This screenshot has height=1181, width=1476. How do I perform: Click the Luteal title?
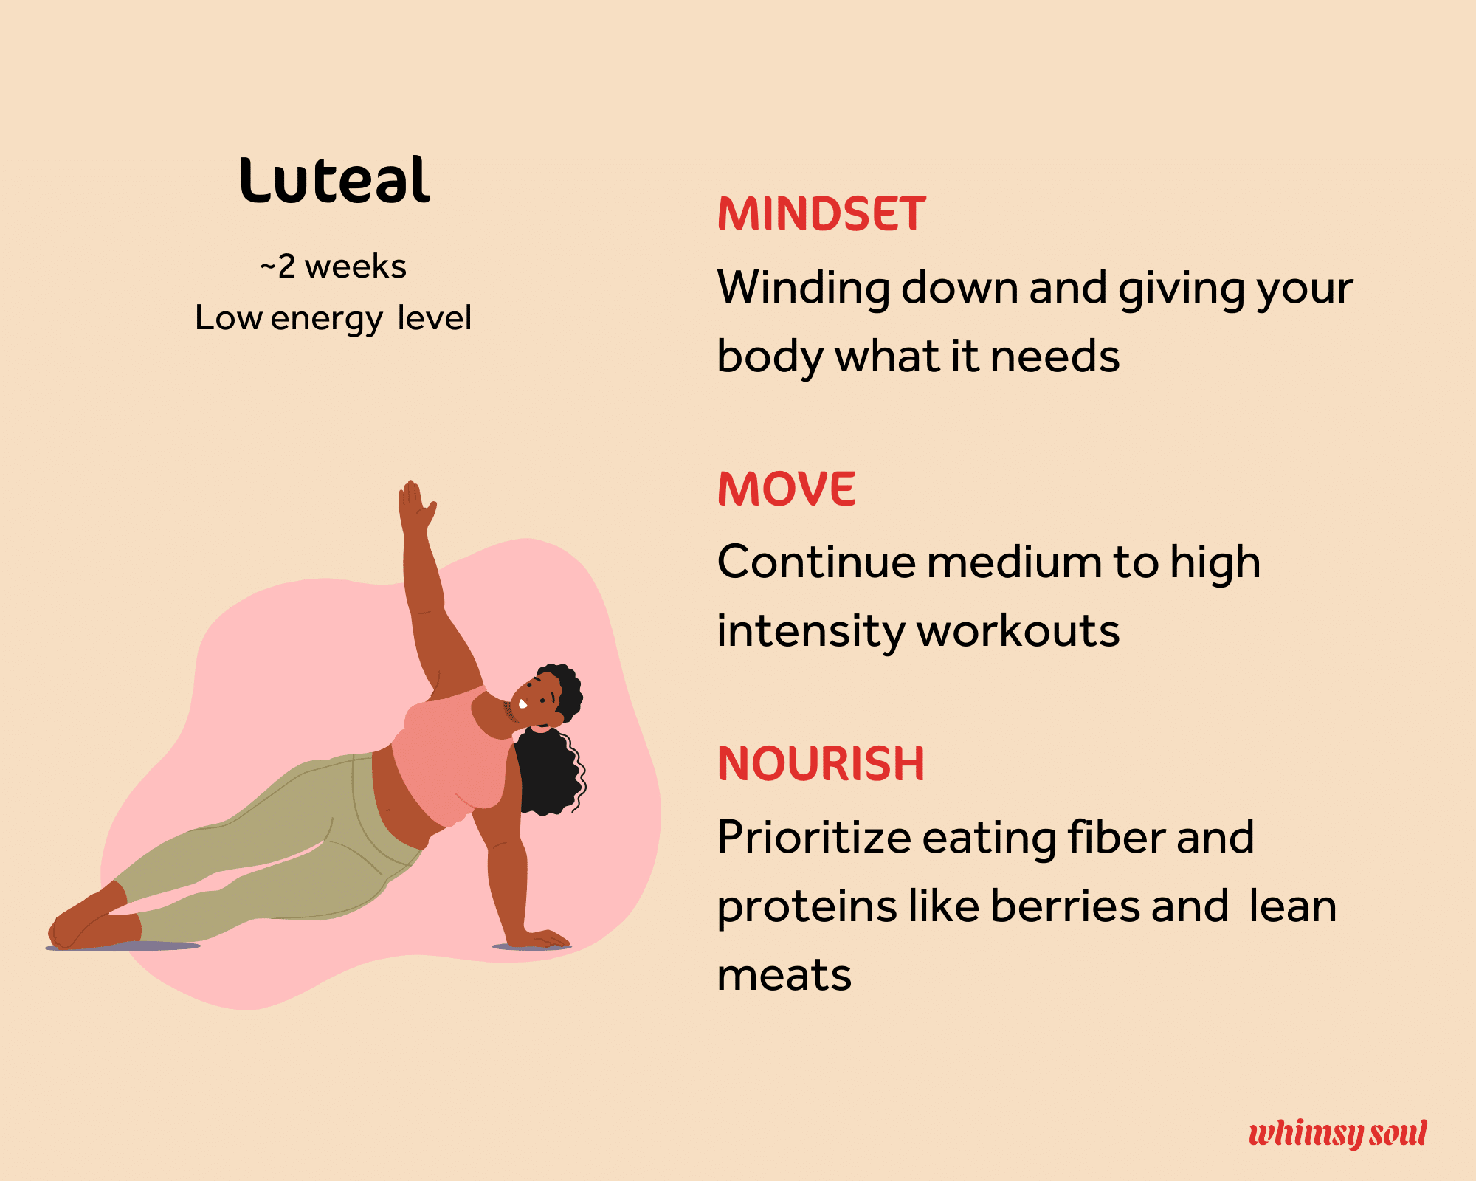(x=334, y=180)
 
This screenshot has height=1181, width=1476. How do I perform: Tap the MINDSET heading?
(x=821, y=214)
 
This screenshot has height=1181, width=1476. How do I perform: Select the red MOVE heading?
(x=787, y=489)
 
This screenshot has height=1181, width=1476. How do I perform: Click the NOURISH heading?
(x=821, y=763)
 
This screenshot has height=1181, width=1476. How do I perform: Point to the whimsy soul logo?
(x=1338, y=1133)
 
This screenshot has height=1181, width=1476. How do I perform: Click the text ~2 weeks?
(x=333, y=266)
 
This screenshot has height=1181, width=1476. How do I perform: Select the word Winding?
(x=804, y=288)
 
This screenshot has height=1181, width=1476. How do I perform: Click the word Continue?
(x=817, y=562)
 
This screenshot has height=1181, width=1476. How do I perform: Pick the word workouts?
(x=1018, y=632)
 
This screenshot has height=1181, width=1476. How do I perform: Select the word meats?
(x=784, y=976)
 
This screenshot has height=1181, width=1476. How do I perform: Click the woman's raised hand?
(x=415, y=508)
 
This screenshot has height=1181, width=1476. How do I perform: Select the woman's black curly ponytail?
(x=550, y=771)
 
